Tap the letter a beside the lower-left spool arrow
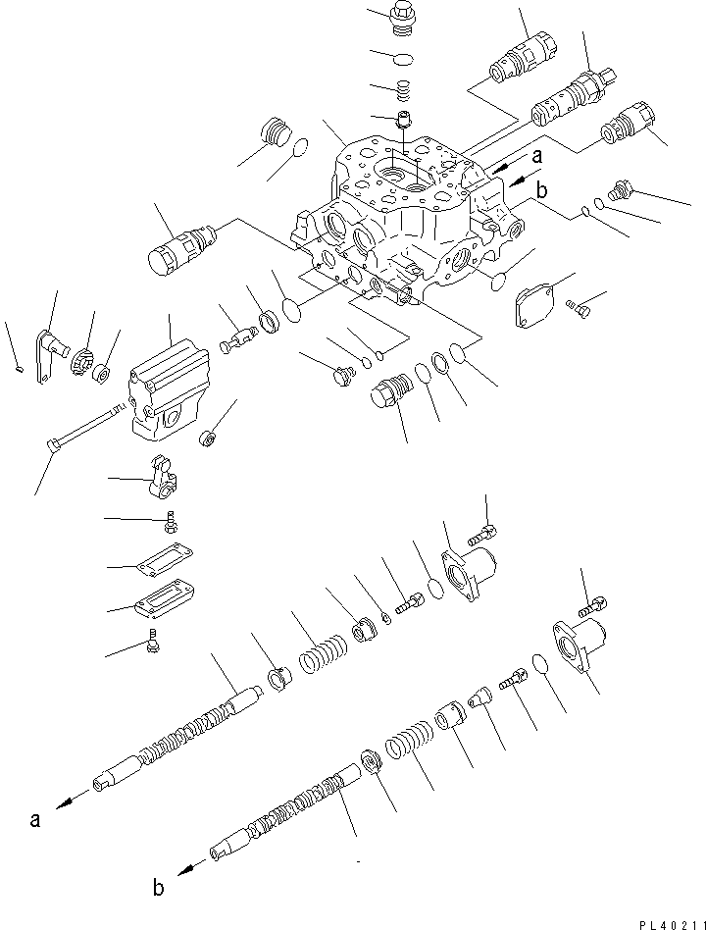point(35,820)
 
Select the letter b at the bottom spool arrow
point(159,890)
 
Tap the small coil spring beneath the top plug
point(401,93)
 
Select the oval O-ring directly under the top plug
point(400,59)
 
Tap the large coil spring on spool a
point(323,650)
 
